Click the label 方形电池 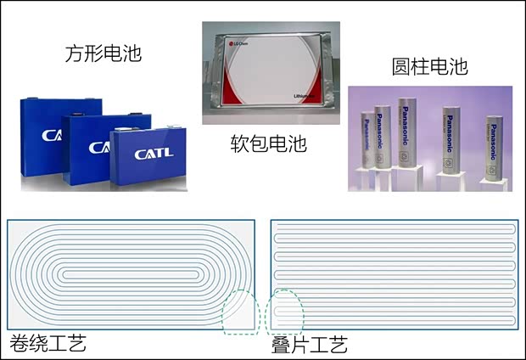103,54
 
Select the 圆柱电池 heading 429,67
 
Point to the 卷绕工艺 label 48,344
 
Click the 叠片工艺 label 310,345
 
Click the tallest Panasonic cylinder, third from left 411,136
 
